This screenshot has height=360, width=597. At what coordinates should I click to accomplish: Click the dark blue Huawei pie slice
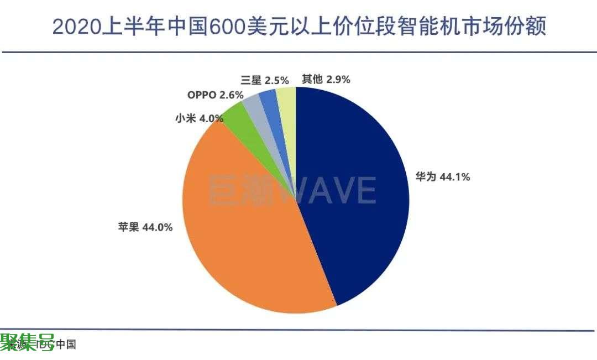(x=354, y=194)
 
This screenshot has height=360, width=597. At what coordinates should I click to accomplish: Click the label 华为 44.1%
(x=442, y=177)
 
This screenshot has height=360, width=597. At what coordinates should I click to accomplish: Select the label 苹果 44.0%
(x=145, y=227)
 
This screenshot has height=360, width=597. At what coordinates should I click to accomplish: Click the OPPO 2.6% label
(x=215, y=95)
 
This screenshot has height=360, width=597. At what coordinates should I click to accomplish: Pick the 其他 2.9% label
(x=326, y=79)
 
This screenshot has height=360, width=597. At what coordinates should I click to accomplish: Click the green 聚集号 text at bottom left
(x=27, y=341)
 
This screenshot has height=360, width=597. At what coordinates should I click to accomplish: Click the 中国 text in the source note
(x=66, y=345)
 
